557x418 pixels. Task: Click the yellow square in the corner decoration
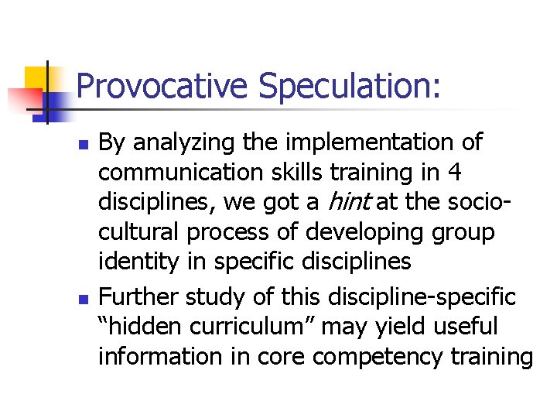pos(36,78)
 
